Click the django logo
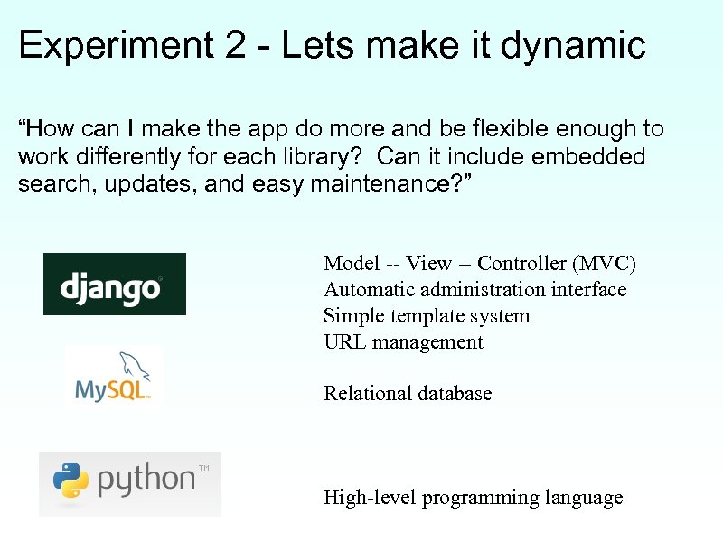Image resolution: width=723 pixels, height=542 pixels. point(115,284)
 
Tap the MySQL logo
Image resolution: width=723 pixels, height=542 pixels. point(114,377)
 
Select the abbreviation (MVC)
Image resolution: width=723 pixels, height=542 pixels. point(606,264)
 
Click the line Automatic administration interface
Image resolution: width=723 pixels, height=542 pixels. point(474,290)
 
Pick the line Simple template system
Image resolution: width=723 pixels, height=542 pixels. point(427,316)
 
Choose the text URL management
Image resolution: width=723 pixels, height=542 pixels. point(403,342)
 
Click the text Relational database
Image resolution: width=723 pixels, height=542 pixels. point(408,394)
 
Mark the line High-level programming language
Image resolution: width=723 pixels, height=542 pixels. point(473,498)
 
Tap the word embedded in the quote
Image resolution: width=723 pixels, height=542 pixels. point(588,157)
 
